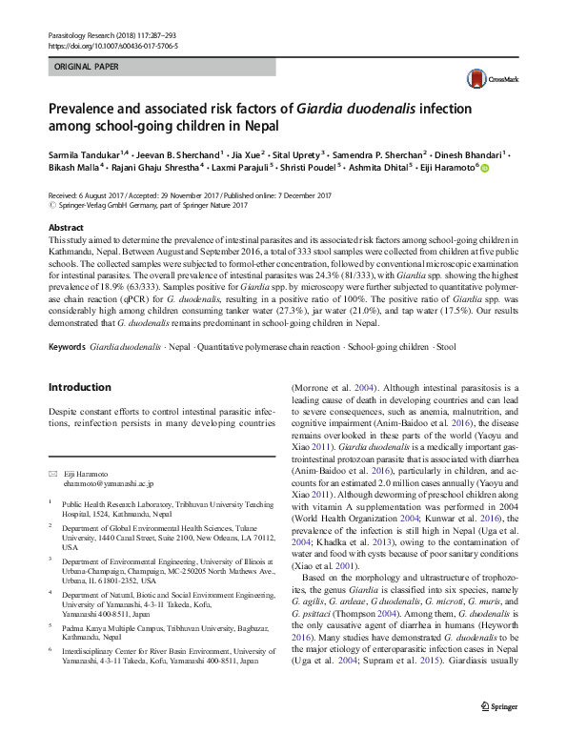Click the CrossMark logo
[x=487, y=80]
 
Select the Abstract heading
[x=66, y=229]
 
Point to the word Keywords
[x=67, y=344]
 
